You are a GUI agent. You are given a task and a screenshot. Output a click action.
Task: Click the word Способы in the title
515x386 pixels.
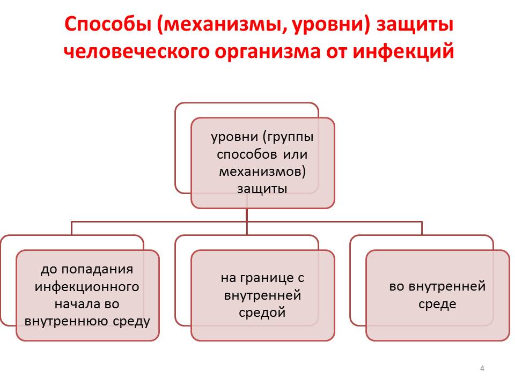[108, 25]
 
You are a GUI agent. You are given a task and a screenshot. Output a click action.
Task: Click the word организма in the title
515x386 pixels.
[267, 53]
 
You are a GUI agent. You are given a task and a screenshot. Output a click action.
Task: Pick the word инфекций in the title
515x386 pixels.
[403, 52]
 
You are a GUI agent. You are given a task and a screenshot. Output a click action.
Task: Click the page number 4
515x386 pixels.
[482, 368]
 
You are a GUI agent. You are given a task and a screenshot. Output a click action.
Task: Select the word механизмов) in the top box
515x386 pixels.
[262, 172]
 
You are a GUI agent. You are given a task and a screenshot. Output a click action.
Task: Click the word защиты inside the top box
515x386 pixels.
[262, 189]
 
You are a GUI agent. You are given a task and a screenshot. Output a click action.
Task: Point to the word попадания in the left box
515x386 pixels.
[97, 270]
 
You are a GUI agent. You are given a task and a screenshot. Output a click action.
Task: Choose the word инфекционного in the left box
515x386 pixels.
[87, 287]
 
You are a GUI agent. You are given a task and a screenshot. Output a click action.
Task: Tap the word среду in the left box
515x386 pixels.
[131, 322]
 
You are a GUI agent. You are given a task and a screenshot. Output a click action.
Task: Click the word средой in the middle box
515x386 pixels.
[262, 313]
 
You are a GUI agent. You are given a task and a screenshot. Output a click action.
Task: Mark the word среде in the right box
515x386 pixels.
[437, 305]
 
